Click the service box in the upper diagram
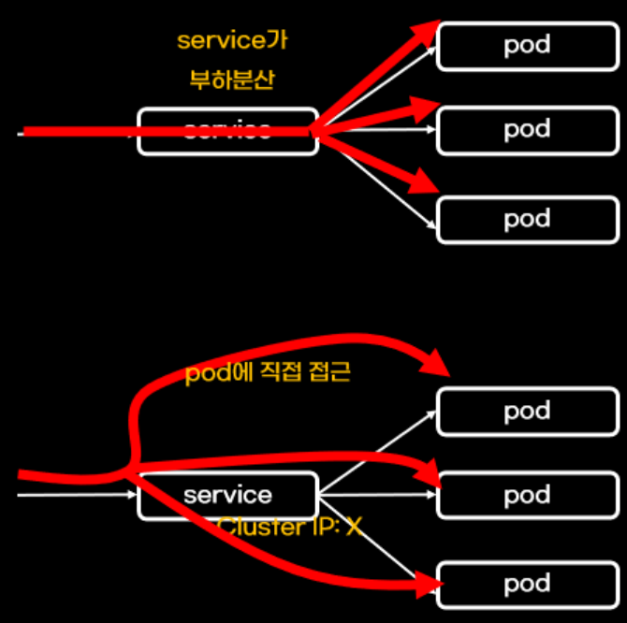[227, 131]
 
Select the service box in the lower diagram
[227, 495]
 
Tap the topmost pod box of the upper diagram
[527, 45]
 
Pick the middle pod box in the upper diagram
[527, 129]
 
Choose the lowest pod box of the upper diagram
[527, 220]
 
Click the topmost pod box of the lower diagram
[527, 412]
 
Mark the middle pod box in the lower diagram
[527, 495]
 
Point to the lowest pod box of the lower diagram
[527, 586]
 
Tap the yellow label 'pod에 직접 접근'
[268, 373]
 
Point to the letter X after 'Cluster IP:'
[353, 528]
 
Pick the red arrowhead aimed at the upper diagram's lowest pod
[426, 180]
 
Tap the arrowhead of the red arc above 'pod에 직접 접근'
[435, 363]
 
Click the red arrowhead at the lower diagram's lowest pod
[430, 587]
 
